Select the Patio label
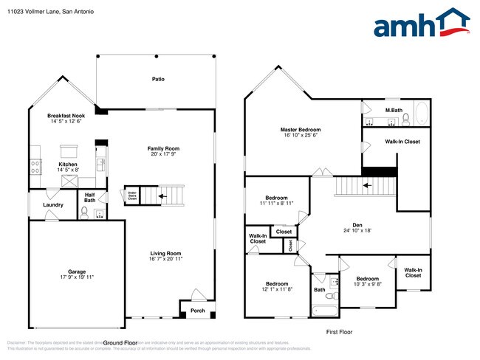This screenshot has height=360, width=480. tap(158, 78)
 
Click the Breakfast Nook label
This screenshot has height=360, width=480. tap(66, 116)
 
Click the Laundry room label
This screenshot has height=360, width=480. tap(52, 205)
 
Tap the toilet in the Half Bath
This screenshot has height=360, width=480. tap(84, 212)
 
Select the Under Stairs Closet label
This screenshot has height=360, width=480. tap(132, 196)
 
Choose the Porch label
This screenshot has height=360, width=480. tap(199, 310)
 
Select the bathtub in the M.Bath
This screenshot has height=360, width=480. tap(420, 114)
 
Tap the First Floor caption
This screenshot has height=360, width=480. tap(339, 332)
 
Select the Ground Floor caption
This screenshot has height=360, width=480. tap(120, 343)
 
